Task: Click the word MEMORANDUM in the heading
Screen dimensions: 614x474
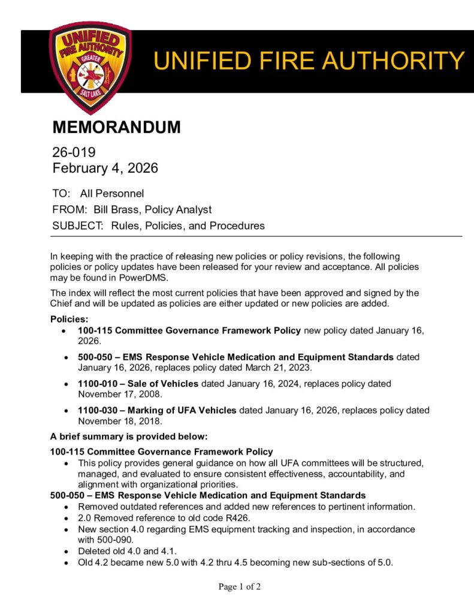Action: point(116,127)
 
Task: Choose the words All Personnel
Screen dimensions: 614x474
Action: point(112,194)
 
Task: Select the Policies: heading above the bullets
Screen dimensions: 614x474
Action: point(69,318)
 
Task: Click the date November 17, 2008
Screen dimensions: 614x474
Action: point(120,395)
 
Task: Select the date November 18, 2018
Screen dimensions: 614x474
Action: point(120,422)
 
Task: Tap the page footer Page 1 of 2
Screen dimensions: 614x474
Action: point(240,587)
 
